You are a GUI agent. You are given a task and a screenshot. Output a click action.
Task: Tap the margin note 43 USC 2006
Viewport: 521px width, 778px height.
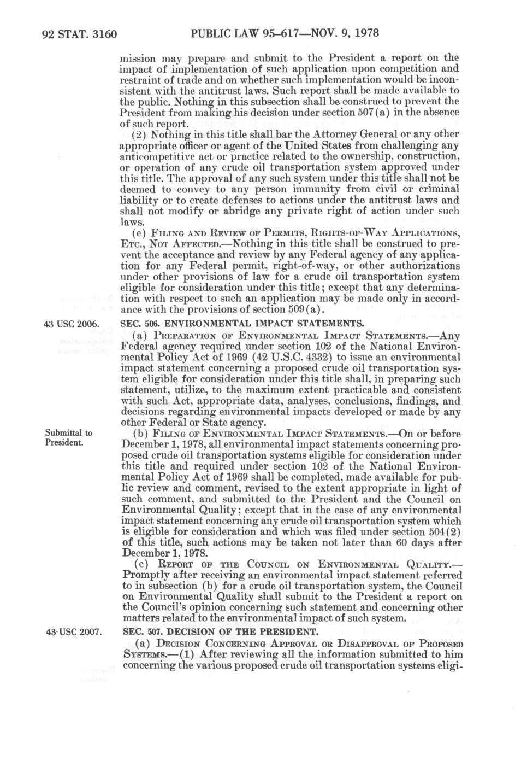[x=72, y=324]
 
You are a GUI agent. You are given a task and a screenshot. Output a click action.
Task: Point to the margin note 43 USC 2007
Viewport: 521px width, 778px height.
[x=72, y=633]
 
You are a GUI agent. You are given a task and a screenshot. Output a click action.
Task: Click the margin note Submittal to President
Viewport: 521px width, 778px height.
[x=68, y=437]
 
